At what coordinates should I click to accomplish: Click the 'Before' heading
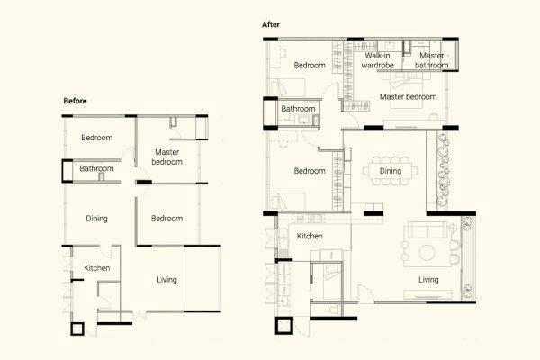click(75, 102)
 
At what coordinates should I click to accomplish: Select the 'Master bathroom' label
click(430, 60)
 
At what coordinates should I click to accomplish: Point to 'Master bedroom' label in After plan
click(408, 96)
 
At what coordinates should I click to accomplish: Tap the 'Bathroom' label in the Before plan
click(96, 168)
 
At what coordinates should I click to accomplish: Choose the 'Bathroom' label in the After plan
click(298, 110)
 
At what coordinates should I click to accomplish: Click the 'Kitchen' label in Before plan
click(96, 268)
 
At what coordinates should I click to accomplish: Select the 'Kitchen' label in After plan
click(310, 236)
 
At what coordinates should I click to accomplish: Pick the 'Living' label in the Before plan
click(166, 279)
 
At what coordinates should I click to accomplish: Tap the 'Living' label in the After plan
click(428, 279)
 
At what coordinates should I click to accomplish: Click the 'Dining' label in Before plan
click(97, 219)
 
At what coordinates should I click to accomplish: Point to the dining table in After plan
click(390, 170)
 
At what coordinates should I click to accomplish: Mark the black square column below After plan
click(285, 325)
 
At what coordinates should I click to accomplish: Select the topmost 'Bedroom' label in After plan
click(309, 65)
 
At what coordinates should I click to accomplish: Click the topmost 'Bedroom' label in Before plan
click(96, 138)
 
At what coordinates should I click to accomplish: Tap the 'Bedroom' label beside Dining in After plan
click(309, 171)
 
